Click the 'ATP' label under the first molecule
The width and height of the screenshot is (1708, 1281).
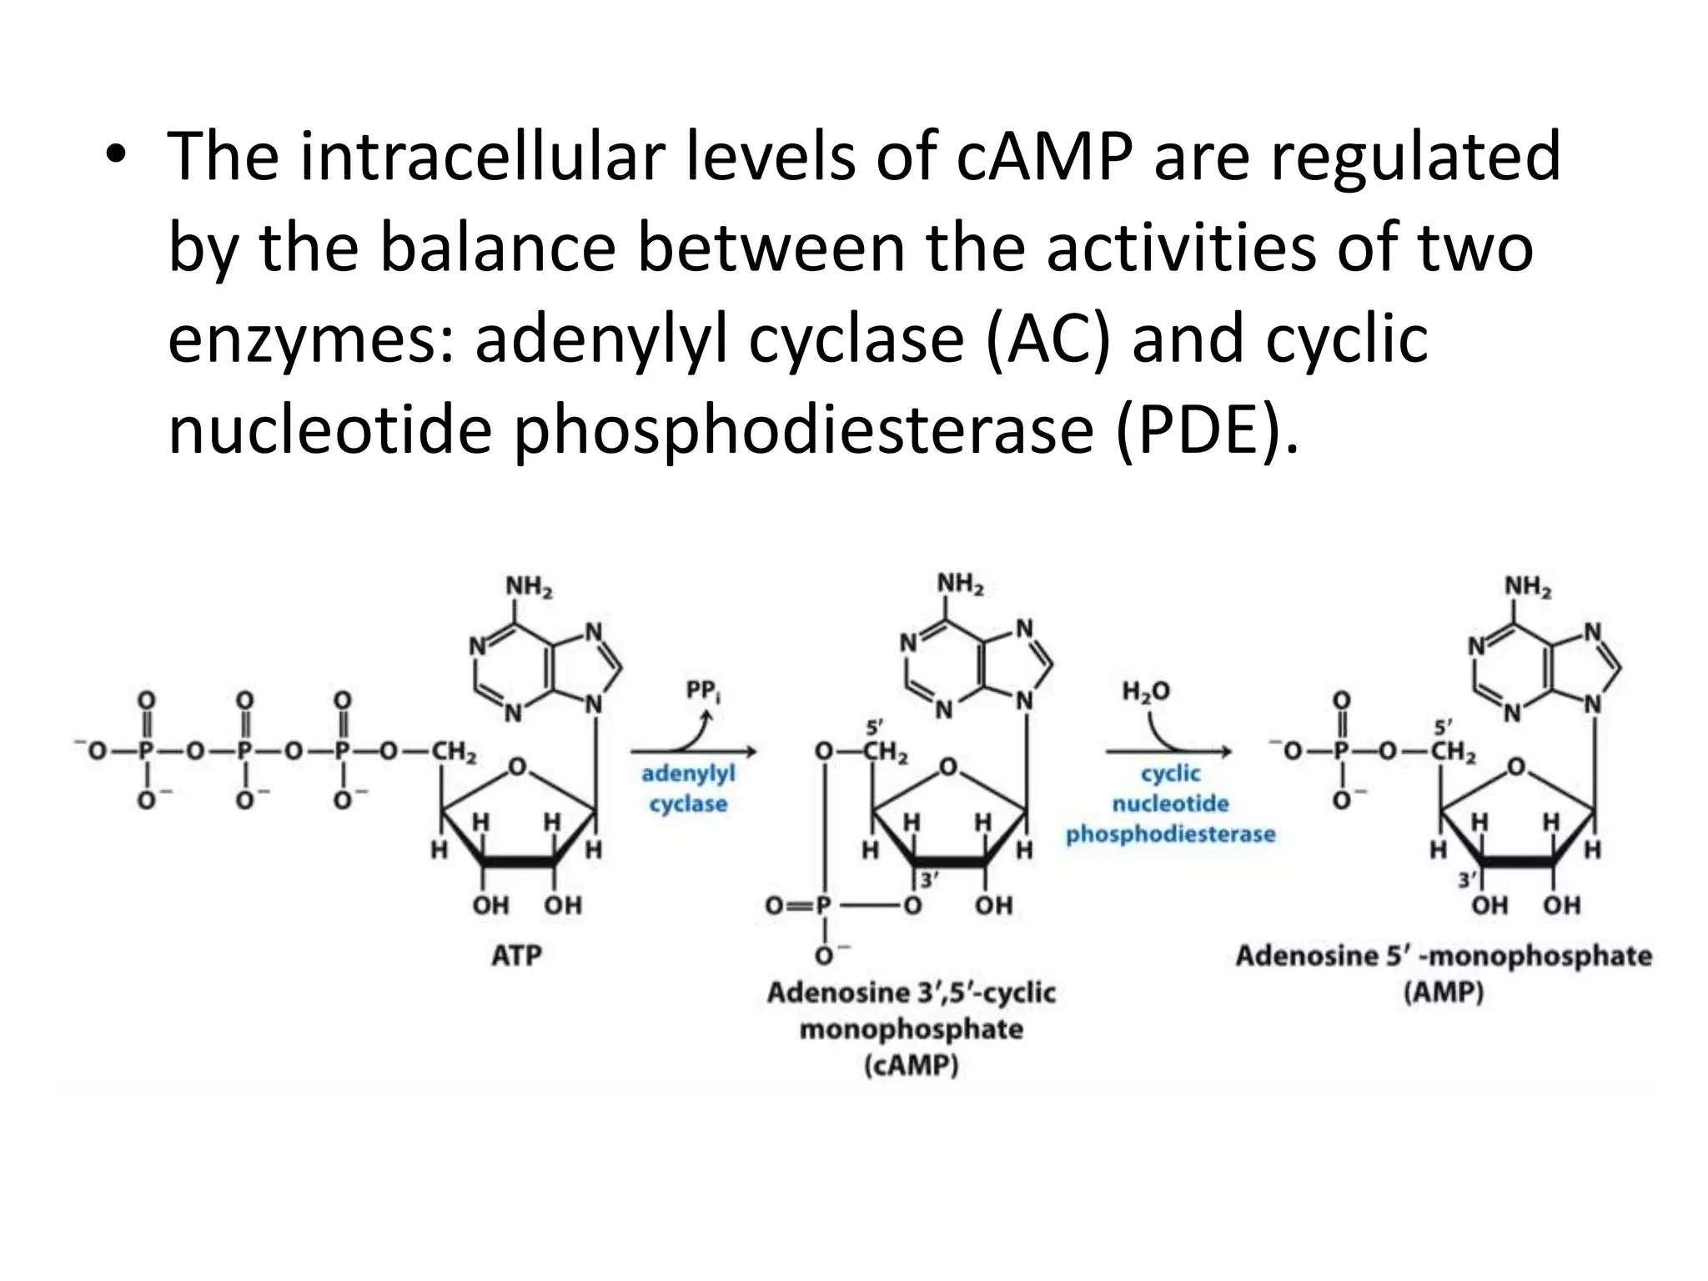pos(516,955)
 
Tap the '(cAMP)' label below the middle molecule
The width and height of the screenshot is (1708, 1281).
pos(912,1066)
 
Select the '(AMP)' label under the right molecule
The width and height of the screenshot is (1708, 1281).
pos(1444,992)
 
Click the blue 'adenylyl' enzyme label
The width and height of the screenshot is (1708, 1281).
pos(688,775)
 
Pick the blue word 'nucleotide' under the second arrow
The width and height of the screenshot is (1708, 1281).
pos(1171,804)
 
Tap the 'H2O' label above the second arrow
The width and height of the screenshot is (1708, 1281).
pos(1147,691)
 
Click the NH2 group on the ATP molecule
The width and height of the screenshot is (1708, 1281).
pos(529,587)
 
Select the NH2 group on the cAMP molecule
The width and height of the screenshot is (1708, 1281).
pos(960,584)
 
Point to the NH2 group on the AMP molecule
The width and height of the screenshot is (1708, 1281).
pos(1528,587)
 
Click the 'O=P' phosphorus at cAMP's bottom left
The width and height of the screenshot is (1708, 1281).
pos(824,905)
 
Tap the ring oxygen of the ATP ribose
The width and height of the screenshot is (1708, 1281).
pos(517,766)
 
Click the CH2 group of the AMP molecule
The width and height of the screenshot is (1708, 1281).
pos(1453,751)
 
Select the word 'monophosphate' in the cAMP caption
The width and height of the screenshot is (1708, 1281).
pos(912,1029)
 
